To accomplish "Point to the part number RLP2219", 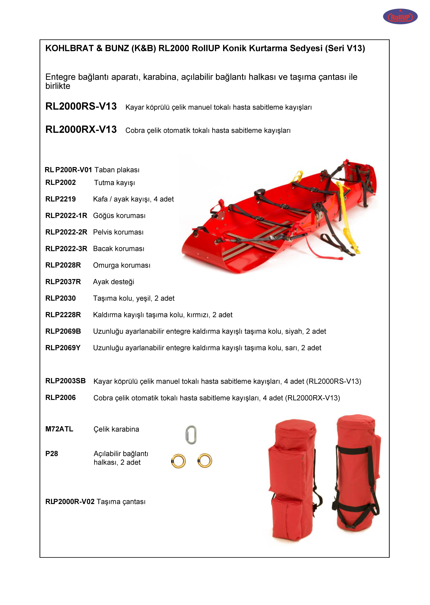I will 61,199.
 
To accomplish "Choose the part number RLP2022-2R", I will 66,232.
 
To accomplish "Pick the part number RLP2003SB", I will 65,381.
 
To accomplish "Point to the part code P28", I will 52,454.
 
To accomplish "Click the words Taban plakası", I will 117,170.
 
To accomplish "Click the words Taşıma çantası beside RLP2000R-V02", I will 121,502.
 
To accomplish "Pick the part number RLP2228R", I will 63,315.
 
